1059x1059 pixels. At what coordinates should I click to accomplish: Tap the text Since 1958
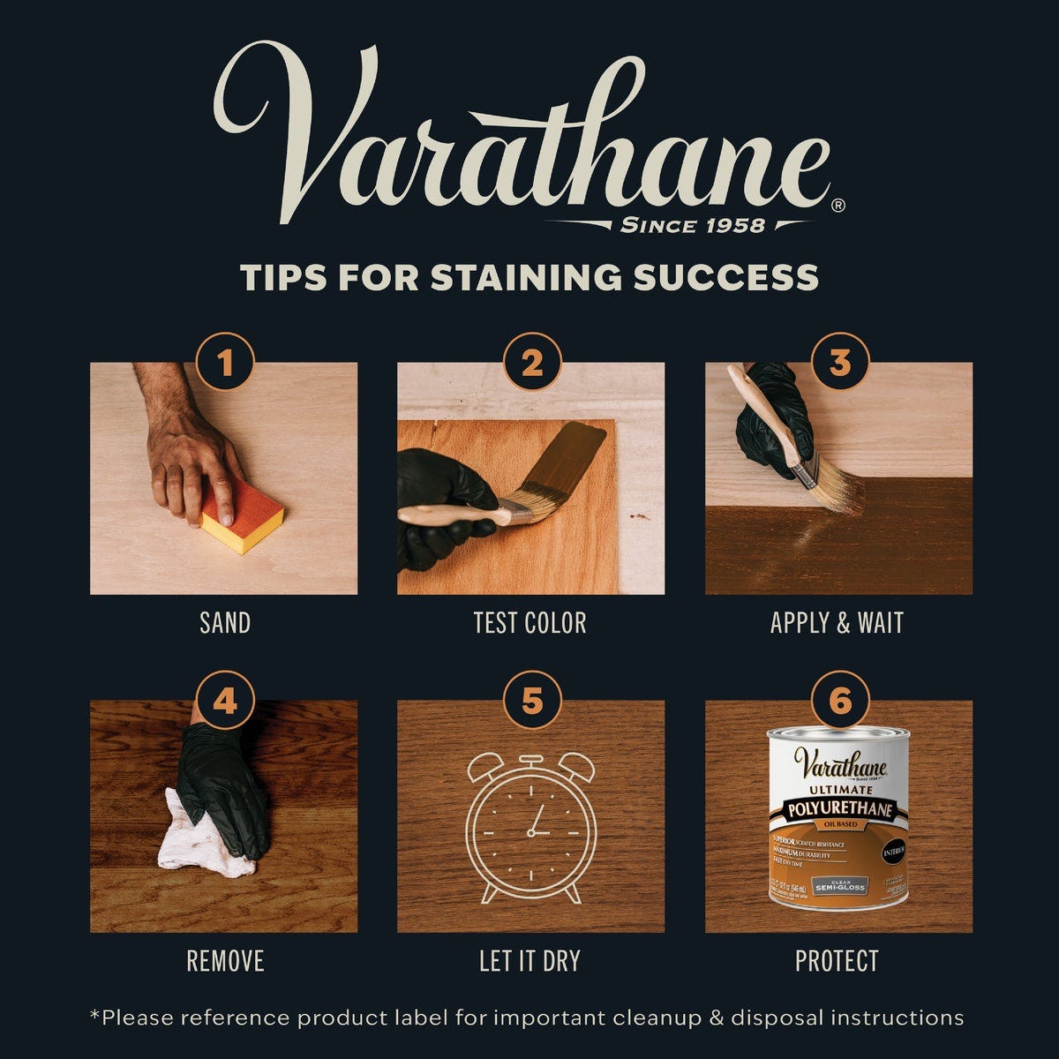[x=692, y=225]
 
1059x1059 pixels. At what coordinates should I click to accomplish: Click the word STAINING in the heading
[x=526, y=277]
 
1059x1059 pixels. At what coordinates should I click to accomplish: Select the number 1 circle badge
[x=225, y=362]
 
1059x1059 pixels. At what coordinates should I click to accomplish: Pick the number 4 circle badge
[x=225, y=701]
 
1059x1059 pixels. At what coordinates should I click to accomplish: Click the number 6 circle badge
[x=839, y=701]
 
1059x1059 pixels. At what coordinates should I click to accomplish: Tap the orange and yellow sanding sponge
[x=241, y=516]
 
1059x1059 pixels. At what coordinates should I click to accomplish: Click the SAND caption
[x=225, y=623]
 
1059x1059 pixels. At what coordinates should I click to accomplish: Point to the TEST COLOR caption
[x=529, y=623]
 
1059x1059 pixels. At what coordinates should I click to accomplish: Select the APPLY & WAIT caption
[x=837, y=623]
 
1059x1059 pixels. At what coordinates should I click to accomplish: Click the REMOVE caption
[x=225, y=961]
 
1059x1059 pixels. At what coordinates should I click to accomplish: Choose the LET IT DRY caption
[x=529, y=961]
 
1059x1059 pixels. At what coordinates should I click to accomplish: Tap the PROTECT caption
[x=837, y=961]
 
